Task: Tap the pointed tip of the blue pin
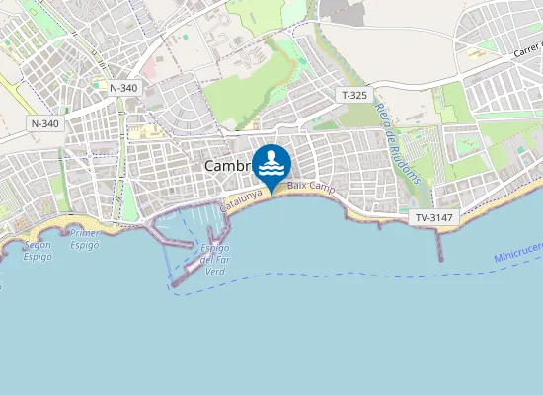(x=271, y=192)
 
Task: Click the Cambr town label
(x=225, y=166)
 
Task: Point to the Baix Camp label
(x=308, y=186)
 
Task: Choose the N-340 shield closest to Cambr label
(x=123, y=88)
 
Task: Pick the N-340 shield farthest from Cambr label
(x=44, y=123)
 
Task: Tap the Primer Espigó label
(x=84, y=239)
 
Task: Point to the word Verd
(x=214, y=269)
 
